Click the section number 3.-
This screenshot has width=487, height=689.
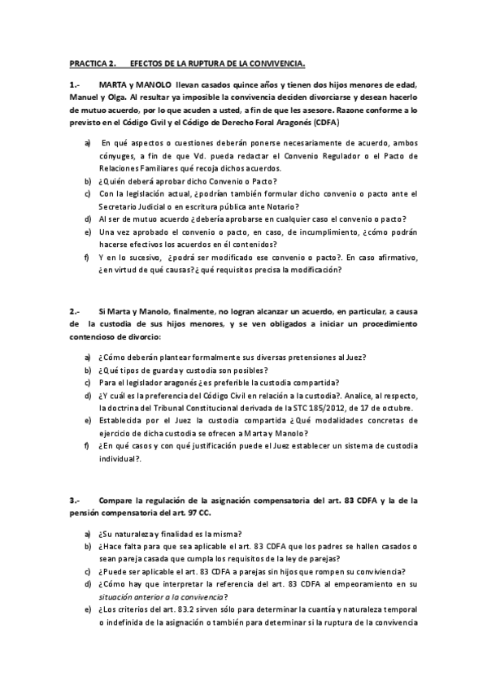click(x=75, y=500)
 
